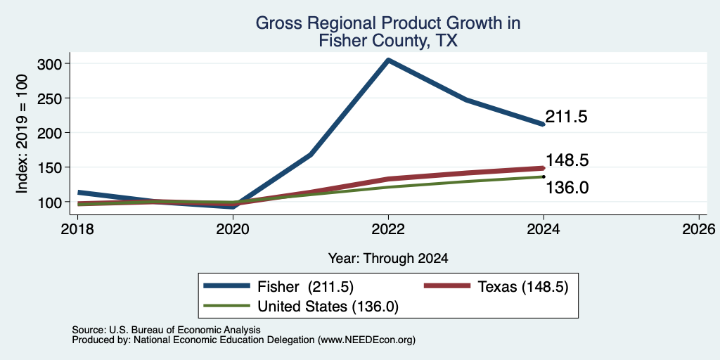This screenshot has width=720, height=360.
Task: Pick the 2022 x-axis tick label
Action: (388, 229)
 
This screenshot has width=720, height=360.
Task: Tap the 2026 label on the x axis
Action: (699, 229)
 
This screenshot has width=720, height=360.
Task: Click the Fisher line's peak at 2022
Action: (388, 60)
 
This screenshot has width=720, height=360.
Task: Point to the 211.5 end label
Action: (566, 117)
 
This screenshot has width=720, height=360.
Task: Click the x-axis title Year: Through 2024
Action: (388, 259)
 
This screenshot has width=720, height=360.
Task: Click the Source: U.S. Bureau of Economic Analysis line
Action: (166, 330)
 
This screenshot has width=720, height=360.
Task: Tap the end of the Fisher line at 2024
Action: (544, 124)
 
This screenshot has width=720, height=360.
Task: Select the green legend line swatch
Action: (227, 305)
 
